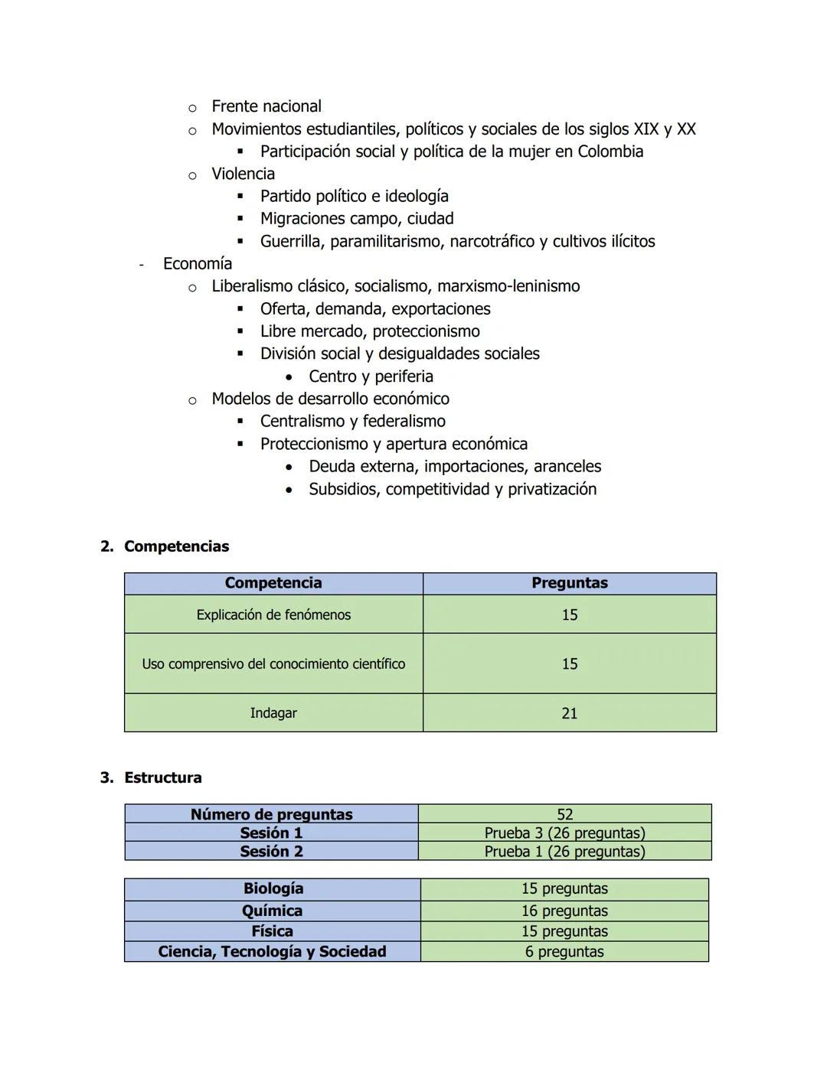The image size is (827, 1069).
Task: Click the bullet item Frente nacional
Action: point(266,106)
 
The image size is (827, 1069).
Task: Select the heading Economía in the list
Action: point(197,264)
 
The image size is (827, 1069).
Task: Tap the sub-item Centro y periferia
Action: point(371,376)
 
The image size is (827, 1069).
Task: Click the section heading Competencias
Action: point(176,546)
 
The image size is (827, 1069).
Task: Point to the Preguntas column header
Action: point(569,583)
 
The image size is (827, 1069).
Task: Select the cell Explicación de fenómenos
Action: point(273,614)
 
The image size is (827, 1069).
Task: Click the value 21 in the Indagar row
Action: point(569,713)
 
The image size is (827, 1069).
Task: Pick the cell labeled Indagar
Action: point(273,713)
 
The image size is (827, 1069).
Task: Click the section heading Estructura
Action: point(162,777)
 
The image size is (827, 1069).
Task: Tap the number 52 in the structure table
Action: point(564,814)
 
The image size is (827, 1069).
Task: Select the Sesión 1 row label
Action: point(271,833)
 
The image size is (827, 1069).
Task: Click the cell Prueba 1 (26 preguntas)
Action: point(564,851)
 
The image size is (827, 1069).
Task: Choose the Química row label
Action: point(272,911)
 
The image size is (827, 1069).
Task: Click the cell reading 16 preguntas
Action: point(564,911)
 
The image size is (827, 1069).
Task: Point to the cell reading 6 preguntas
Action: point(564,952)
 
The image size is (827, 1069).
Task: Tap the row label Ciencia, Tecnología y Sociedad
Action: point(272,952)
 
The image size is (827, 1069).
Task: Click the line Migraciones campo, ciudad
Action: point(356,219)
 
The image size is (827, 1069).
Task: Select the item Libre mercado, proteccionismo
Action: point(370,331)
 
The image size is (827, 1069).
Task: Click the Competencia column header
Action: point(273,583)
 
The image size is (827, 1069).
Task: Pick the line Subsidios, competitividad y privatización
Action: point(452,489)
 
